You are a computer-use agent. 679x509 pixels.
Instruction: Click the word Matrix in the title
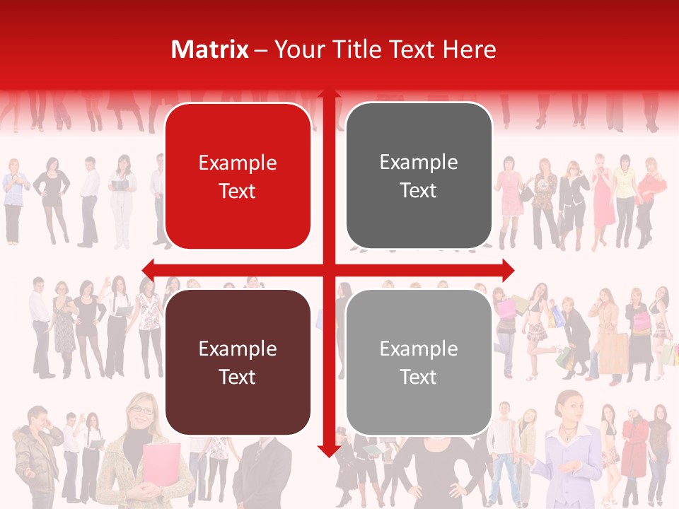tap(209, 49)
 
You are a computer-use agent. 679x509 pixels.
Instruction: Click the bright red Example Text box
tap(238, 176)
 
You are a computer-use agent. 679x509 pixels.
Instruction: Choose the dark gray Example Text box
tap(419, 176)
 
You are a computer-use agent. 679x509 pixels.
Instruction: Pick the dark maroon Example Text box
tap(238, 362)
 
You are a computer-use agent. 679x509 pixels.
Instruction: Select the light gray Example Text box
tap(419, 362)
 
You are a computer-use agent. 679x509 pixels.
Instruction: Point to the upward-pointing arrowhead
tap(328, 95)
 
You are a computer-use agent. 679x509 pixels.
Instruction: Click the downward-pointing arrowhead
tap(328, 450)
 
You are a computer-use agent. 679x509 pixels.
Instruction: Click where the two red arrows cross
tap(328, 269)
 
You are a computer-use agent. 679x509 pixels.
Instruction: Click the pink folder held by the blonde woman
tap(161, 466)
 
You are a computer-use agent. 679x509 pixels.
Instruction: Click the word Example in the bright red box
tap(238, 163)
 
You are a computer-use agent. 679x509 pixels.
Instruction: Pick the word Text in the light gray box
tap(419, 377)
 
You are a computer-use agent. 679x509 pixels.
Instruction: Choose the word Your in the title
tap(298, 49)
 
